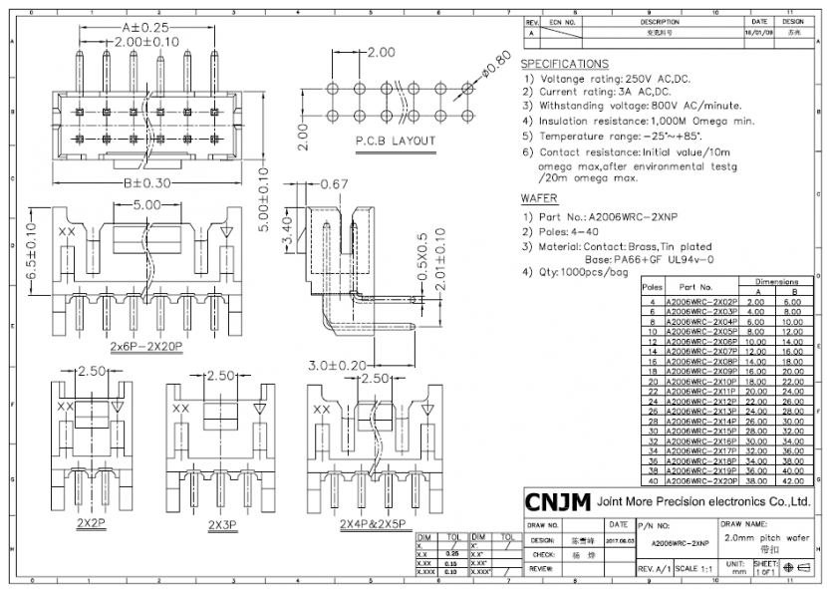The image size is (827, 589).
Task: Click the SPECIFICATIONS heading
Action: click(565, 64)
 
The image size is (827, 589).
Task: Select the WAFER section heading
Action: click(539, 198)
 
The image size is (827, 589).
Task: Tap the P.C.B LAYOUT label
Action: click(396, 141)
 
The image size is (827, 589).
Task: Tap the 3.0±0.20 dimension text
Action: click(338, 365)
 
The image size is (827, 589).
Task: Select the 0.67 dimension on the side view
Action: click(334, 183)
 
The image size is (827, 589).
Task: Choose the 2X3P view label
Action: click(222, 523)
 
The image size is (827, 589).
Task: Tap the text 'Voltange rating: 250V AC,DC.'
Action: click(614, 79)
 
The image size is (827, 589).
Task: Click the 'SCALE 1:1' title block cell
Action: click(693, 567)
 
